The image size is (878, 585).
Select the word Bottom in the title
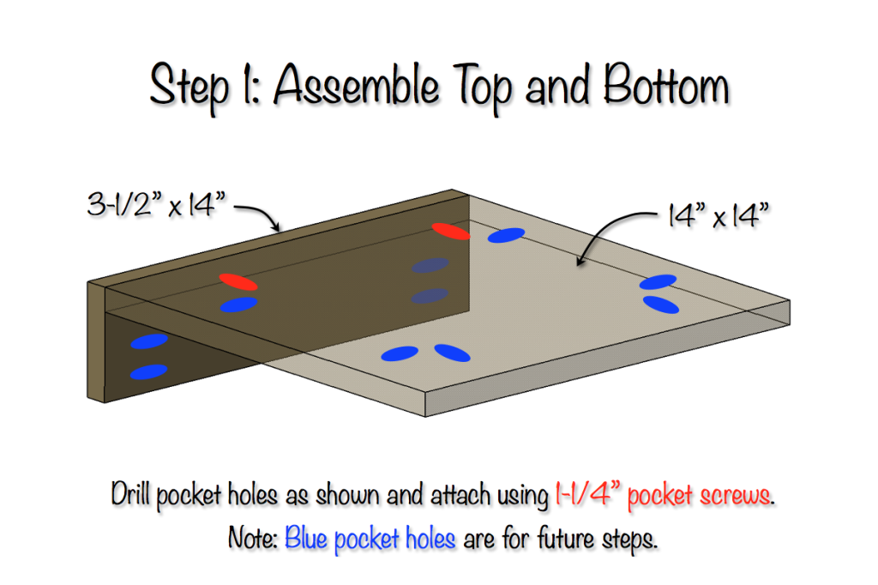point(665,87)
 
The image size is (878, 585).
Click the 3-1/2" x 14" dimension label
point(153,206)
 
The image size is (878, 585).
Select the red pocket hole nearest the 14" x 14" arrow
point(451,231)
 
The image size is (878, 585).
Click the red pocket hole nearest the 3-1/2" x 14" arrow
point(238,281)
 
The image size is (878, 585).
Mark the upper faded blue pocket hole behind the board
point(430,266)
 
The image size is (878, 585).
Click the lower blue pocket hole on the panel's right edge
point(661,305)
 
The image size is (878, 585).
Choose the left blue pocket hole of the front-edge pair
point(400,353)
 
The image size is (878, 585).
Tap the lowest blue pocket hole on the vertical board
point(148,371)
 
